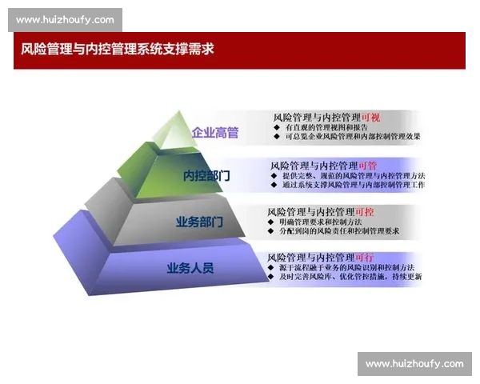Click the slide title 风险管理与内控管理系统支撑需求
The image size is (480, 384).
pyautogui.click(x=118, y=49)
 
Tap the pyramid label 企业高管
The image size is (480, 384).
pyautogui.click(x=214, y=133)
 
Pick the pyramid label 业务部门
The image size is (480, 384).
pyautogui.click(x=199, y=222)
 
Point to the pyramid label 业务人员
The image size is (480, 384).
pyautogui.click(x=190, y=267)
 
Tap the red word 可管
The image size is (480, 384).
pyautogui.click(x=367, y=166)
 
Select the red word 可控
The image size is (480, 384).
pyautogui.click(x=364, y=211)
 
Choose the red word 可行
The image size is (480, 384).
pyautogui.click(x=364, y=257)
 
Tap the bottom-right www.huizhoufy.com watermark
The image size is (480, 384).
pyautogui.click(x=414, y=364)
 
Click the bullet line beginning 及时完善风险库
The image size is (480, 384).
pyautogui.click(x=350, y=277)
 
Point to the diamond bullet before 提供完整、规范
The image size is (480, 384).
pyautogui.click(x=274, y=176)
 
